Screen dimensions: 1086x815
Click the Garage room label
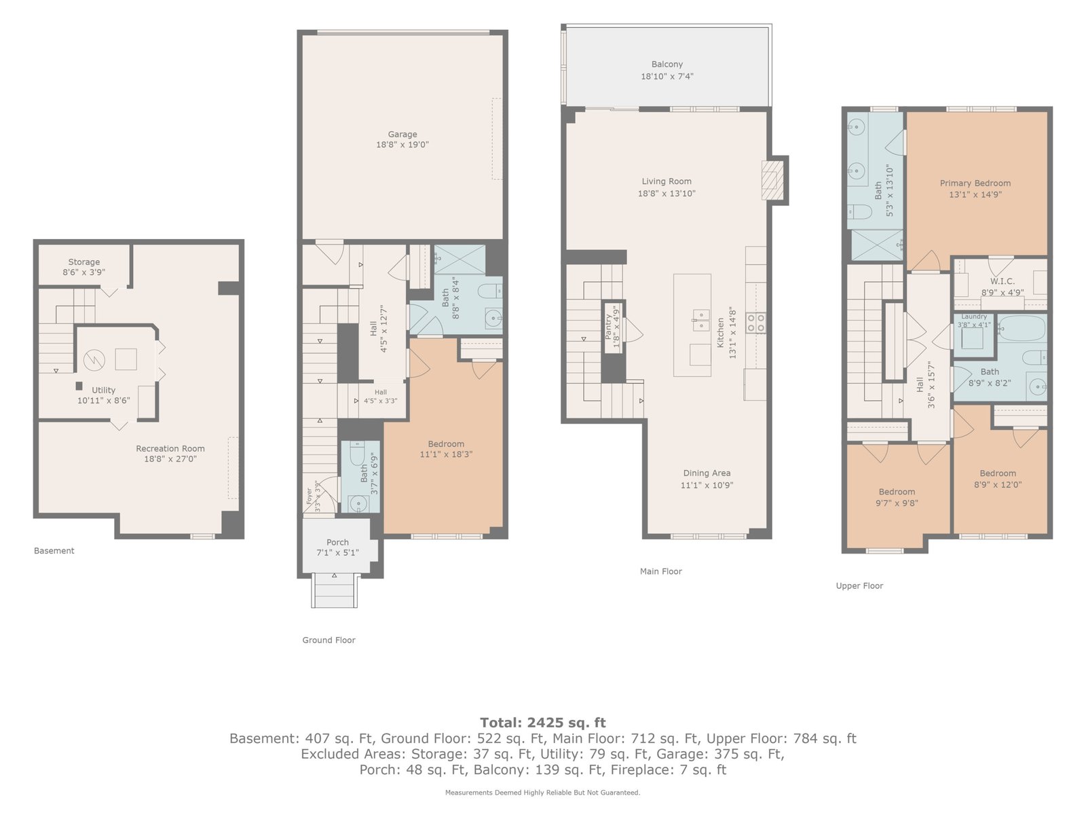(x=402, y=134)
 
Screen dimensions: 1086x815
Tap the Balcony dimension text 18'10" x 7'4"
(x=667, y=76)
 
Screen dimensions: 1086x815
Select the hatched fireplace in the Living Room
(x=772, y=180)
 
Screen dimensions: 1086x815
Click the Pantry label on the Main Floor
(x=608, y=327)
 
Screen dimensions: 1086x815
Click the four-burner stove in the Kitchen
(x=756, y=323)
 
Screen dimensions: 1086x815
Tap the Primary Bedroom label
(x=975, y=183)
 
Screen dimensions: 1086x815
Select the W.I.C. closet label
(x=1003, y=281)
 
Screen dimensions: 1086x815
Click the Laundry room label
(x=974, y=316)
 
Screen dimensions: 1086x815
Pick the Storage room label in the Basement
(x=83, y=261)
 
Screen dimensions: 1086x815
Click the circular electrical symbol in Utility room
(x=94, y=360)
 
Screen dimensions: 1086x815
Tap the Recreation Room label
(x=170, y=448)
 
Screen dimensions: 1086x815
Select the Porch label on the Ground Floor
(x=337, y=543)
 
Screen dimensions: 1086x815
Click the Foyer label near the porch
(x=310, y=496)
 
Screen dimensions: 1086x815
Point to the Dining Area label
(x=707, y=473)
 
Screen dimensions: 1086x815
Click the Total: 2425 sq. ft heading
(x=543, y=723)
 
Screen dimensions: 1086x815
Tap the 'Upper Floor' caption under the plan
(x=859, y=586)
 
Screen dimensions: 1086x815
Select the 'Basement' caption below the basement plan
(x=54, y=551)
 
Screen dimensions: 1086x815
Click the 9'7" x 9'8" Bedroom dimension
(x=897, y=503)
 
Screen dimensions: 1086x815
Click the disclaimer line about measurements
(x=543, y=793)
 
